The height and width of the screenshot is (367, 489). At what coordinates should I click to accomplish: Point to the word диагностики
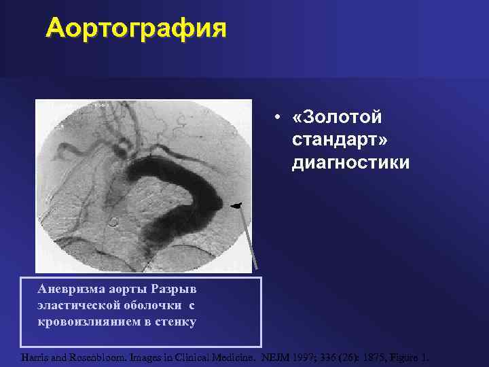pyautogui.click(x=350, y=163)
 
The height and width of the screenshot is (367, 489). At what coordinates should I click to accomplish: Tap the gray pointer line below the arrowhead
pyautogui.click(x=250, y=238)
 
